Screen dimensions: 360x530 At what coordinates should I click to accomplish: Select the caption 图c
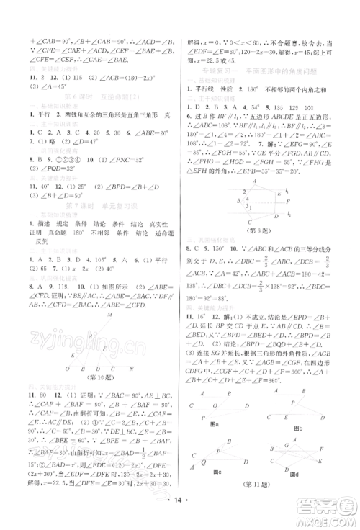point(215,493)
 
